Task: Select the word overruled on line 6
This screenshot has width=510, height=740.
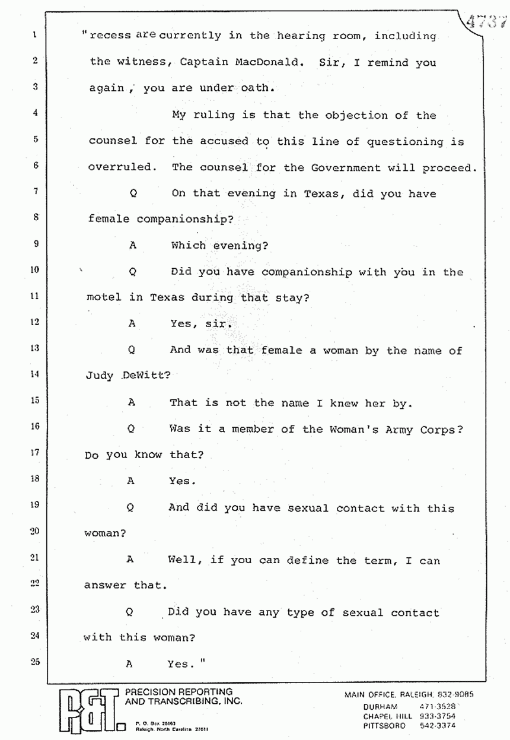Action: (x=120, y=167)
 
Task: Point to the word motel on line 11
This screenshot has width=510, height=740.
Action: (x=104, y=298)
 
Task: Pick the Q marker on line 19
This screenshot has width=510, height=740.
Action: (x=130, y=508)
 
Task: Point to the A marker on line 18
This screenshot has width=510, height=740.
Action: (x=130, y=481)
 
